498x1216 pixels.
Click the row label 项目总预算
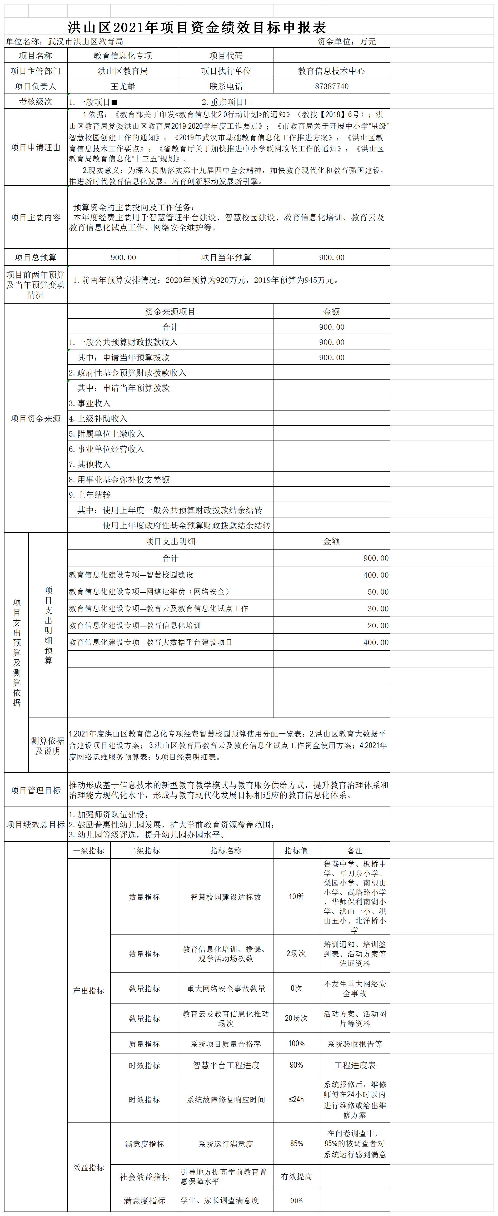click(36, 257)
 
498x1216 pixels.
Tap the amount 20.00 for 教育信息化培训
click(378, 625)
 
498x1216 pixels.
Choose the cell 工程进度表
click(355, 1065)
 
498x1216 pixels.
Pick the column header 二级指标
click(145, 851)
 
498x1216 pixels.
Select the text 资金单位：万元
click(346, 42)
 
